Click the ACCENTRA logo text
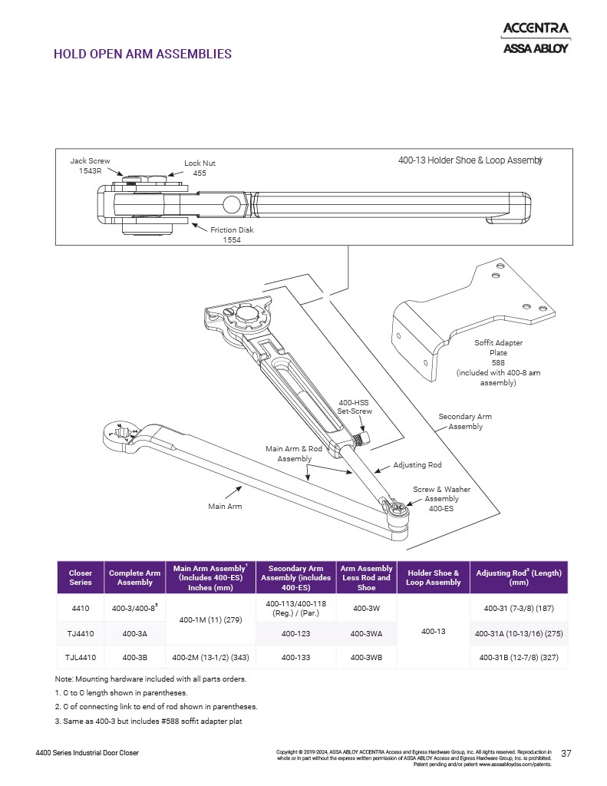point(535,29)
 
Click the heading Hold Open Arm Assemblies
point(143,54)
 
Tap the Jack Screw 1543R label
point(90,166)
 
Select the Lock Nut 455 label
point(200,168)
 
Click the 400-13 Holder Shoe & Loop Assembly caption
point(470,160)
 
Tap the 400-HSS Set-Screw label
point(355,407)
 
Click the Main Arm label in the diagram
point(226,507)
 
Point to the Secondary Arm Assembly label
point(465,421)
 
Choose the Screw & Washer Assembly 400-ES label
point(441,499)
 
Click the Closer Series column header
point(81,577)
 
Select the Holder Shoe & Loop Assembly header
point(434,577)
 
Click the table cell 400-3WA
point(366,634)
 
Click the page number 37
point(566,753)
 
